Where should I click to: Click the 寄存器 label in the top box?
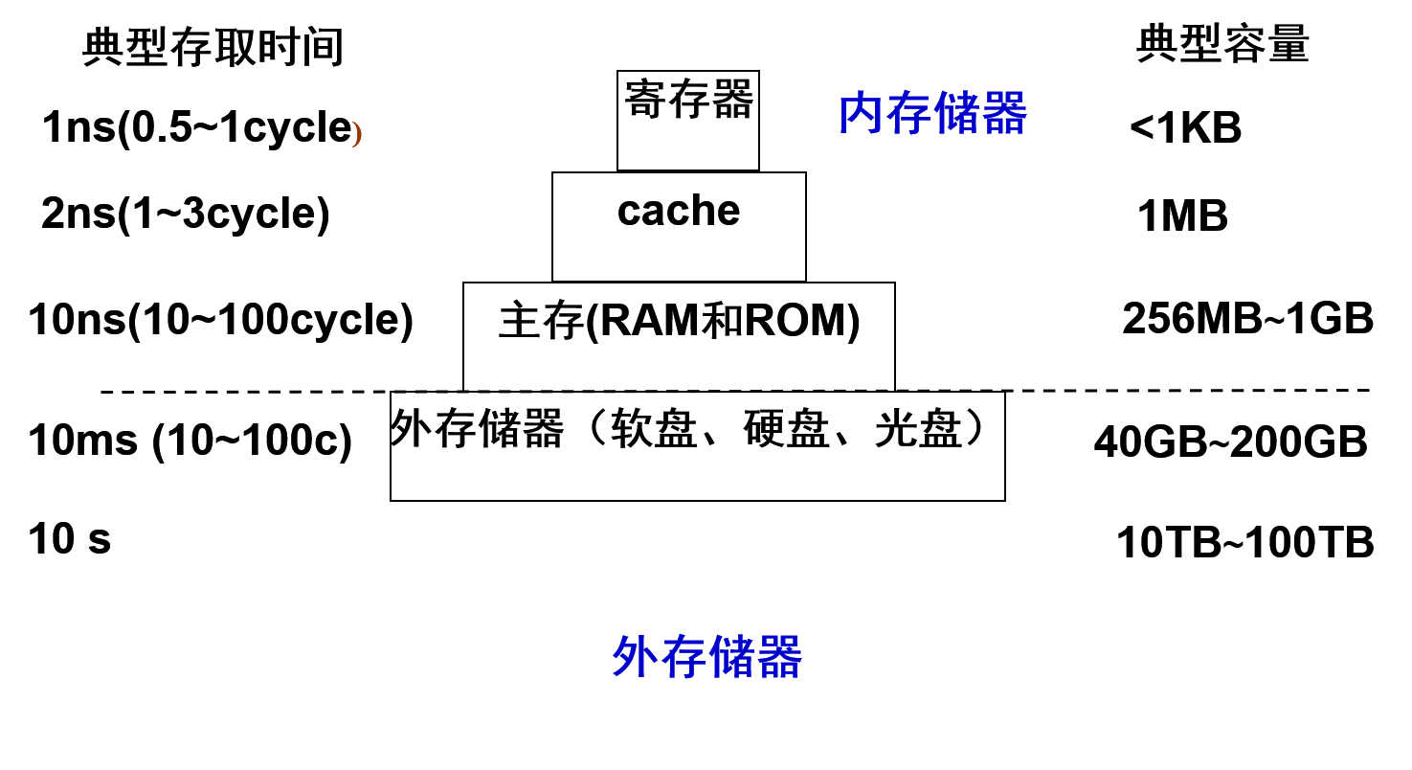pyautogui.click(x=688, y=100)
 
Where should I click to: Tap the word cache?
pyautogui.click(x=679, y=211)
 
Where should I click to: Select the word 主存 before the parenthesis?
pyautogui.click(x=541, y=322)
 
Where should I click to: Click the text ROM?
pyautogui.click(x=794, y=322)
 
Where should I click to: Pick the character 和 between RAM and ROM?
pyautogui.click(x=722, y=322)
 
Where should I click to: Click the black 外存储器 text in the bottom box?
pyautogui.click(x=478, y=429)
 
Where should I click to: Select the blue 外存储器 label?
pyautogui.click(x=706, y=657)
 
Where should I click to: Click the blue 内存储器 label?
pyautogui.click(x=932, y=114)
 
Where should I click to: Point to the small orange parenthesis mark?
pyautogui.click(x=356, y=134)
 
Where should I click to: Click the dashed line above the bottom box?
pyautogui.click(x=641, y=391)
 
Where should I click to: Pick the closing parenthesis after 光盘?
pyautogui.click(x=975, y=429)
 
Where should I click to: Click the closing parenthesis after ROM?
pyautogui.click(x=853, y=323)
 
